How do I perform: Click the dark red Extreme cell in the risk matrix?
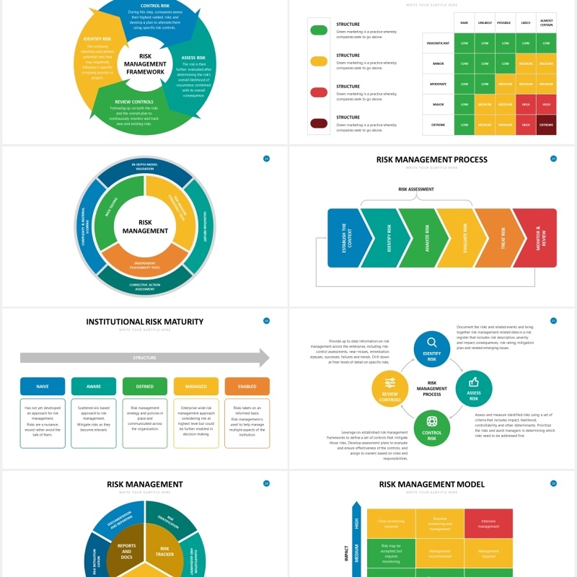(546, 125)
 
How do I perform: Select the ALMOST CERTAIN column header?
(546, 22)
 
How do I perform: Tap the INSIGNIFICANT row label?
(438, 43)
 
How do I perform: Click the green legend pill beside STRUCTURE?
(318, 30)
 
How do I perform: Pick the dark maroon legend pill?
(318, 123)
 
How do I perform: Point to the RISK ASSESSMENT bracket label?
(416, 190)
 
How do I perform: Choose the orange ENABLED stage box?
(247, 387)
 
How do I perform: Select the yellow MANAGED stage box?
(195, 387)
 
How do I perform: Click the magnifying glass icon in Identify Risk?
(432, 343)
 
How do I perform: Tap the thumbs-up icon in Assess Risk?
(474, 382)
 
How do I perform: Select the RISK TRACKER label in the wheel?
(164, 551)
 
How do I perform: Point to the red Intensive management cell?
(488, 523)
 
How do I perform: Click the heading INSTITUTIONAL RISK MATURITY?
(144, 322)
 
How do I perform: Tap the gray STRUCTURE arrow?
(144, 358)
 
